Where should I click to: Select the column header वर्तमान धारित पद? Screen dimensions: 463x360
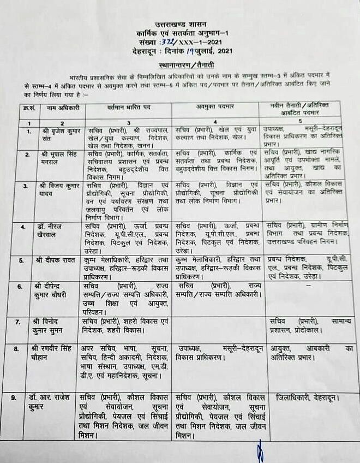click(129, 108)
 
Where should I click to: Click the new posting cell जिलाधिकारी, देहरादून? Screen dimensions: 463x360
click(306, 397)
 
